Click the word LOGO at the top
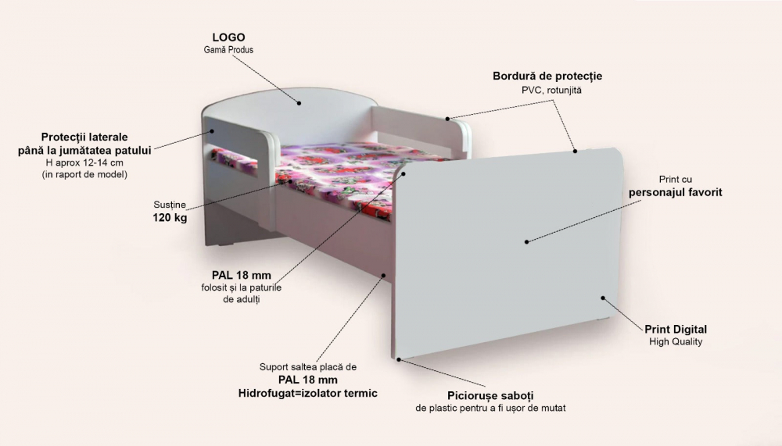point(229,37)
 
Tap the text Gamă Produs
point(228,50)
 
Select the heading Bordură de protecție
point(547,77)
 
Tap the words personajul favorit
point(676,192)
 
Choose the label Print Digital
point(676,329)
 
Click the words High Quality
point(676,342)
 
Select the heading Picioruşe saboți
point(490,395)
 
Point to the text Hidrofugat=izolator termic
point(307,393)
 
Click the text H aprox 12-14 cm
point(84,162)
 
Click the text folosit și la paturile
point(241,288)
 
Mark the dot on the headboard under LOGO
point(299,102)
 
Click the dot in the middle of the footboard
point(526,241)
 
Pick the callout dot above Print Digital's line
point(603,298)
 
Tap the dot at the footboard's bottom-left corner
point(398,360)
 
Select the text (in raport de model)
point(84,174)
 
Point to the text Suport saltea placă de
point(307,366)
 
